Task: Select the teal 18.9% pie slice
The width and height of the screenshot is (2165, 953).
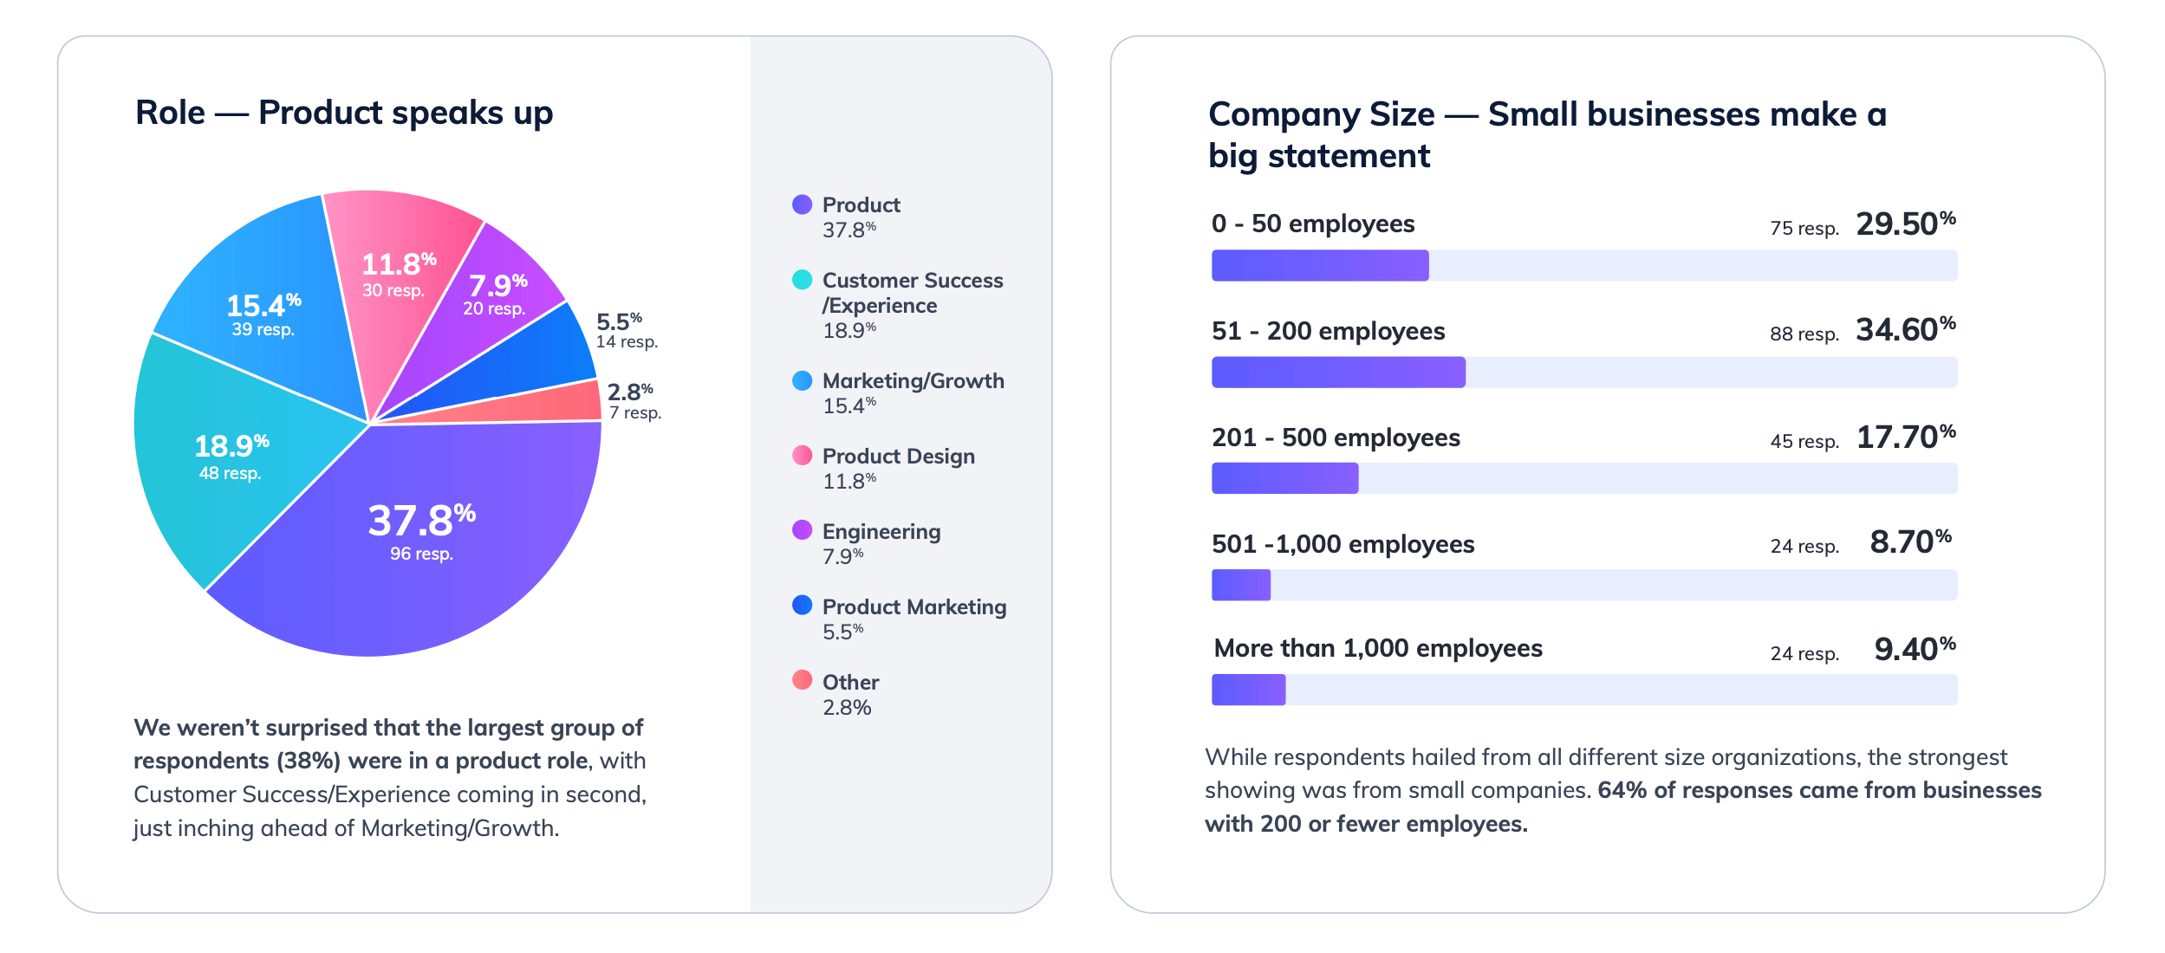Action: [217, 485]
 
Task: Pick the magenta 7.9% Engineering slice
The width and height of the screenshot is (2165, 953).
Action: [503, 286]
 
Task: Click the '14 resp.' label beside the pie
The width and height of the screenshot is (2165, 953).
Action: [627, 342]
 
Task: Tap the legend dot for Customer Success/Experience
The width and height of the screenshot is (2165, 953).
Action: [802, 280]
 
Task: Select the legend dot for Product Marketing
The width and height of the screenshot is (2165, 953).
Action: [802, 606]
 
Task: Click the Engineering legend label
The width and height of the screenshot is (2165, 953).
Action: [881, 531]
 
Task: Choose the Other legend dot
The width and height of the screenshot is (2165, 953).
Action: [802, 680]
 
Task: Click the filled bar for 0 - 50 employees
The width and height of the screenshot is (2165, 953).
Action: [1319, 265]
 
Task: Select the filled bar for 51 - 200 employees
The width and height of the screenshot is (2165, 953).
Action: [1338, 373]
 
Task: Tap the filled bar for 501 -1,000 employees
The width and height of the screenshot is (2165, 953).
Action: [1240, 585]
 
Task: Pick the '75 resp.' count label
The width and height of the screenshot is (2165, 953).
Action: [1804, 229]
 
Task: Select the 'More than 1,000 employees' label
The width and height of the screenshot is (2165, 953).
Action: [1377, 648]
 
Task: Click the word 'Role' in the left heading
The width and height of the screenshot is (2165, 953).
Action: [171, 113]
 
